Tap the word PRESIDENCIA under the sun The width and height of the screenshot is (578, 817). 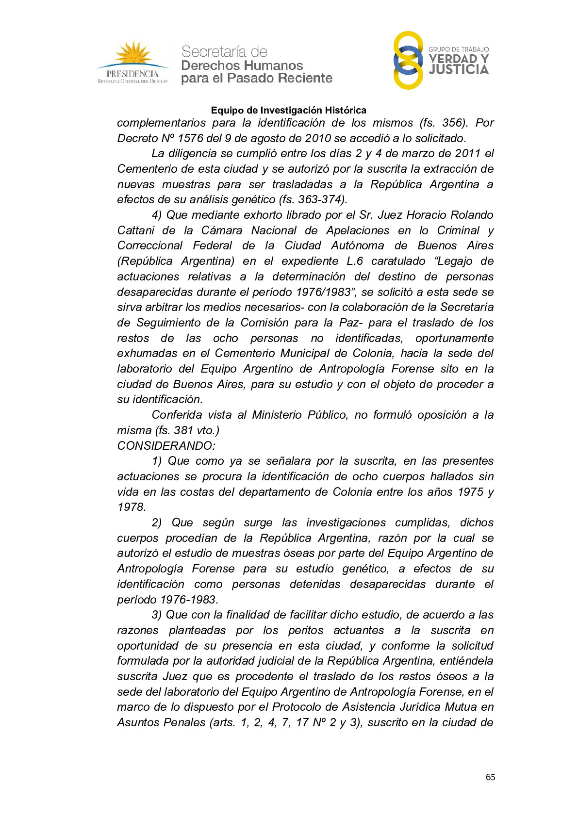[x=132, y=74]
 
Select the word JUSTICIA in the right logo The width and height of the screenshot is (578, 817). [x=459, y=70]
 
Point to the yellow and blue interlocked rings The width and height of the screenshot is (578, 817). [x=408, y=61]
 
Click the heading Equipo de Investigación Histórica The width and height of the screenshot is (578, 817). [x=288, y=110]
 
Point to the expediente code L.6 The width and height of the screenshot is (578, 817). [x=355, y=261]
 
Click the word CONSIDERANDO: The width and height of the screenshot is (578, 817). [x=166, y=446]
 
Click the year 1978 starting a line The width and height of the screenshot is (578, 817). [x=131, y=507]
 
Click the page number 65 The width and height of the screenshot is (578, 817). [x=490, y=777]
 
